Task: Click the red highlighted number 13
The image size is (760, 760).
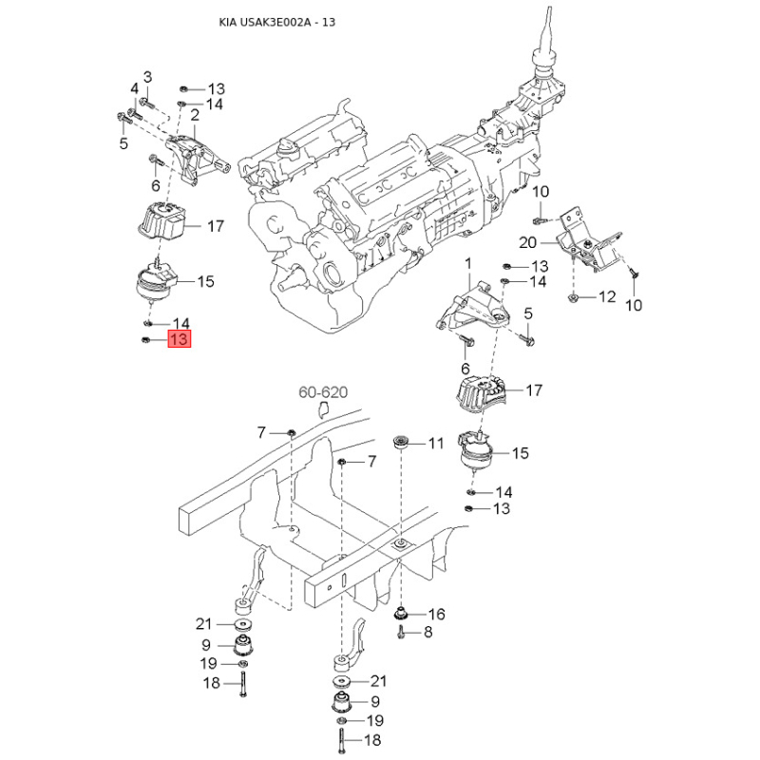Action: point(180,338)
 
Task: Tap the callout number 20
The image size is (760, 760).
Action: point(528,242)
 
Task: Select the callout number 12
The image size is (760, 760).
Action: point(606,296)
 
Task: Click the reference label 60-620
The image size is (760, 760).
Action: point(323,391)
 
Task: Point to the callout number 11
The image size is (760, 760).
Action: point(435,443)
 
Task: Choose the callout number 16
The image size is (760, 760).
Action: point(436,614)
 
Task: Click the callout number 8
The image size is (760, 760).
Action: point(427,632)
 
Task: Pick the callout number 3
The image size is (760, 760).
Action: point(147,77)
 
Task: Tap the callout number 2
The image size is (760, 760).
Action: point(195,115)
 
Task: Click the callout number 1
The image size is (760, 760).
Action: point(467,264)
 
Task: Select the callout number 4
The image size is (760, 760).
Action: point(134,88)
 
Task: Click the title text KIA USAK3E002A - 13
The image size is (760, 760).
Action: point(276,22)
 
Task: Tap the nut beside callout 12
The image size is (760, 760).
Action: point(573,296)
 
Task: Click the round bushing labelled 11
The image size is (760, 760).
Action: point(400,442)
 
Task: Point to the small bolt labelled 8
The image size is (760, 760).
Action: point(401,632)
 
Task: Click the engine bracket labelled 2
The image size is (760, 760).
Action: point(197,159)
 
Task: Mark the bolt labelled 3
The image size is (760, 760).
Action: point(146,103)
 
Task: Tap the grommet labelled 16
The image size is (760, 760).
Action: point(400,614)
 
